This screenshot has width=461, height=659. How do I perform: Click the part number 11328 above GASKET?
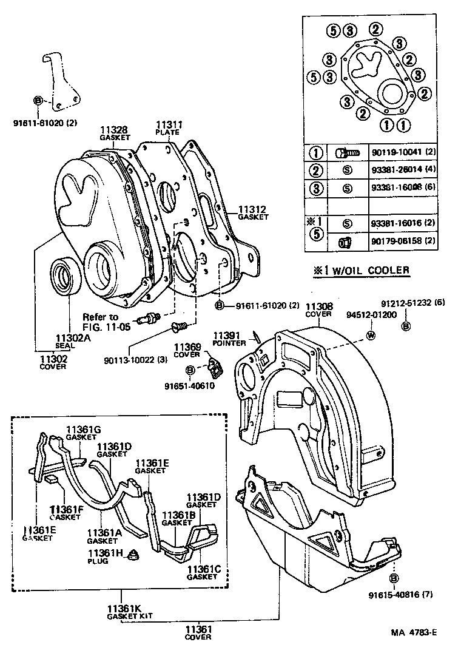pyautogui.click(x=114, y=130)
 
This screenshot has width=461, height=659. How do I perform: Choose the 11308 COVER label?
pyautogui.click(x=318, y=311)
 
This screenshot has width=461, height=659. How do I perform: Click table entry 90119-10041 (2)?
pyautogui.click(x=398, y=152)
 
